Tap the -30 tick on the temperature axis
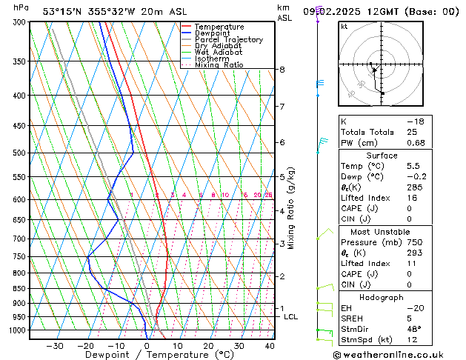(55, 345)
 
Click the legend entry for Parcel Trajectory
(228, 40)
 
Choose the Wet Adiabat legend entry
(218, 52)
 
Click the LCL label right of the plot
(291, 317)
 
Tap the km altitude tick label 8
(282, 70)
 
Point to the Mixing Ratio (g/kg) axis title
(292, 208)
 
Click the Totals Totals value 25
(412, 132)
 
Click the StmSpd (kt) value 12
(412, 340)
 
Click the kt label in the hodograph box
(344, 27)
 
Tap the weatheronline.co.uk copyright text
(399, 354)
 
